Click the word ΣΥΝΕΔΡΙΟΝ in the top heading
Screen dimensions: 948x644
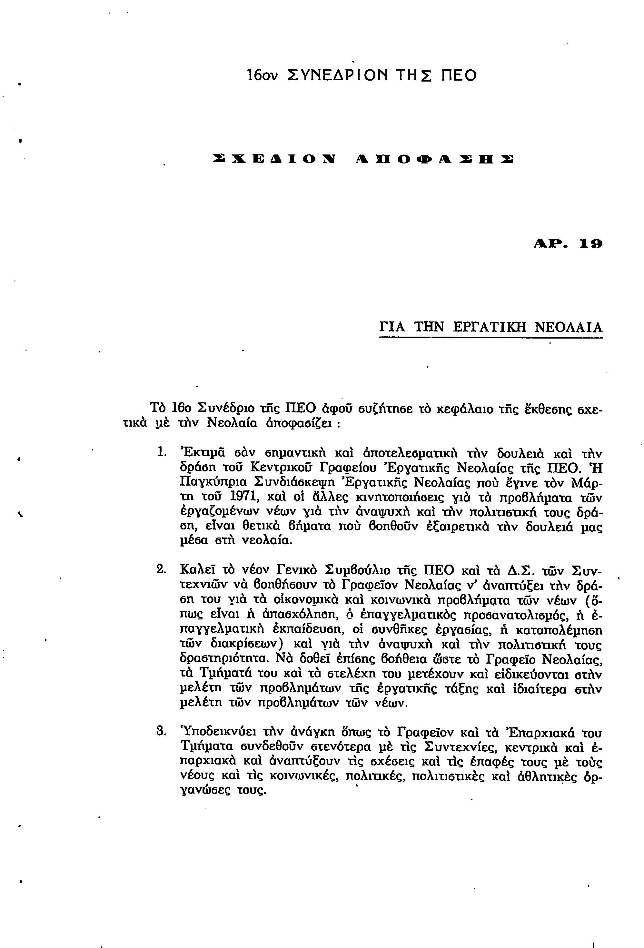pos(337,75)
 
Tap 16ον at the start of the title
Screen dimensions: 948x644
pos(262,76)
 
